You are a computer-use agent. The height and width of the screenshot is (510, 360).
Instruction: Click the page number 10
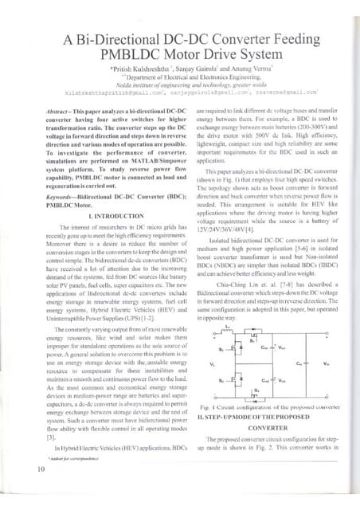click(x=40, y=491)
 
